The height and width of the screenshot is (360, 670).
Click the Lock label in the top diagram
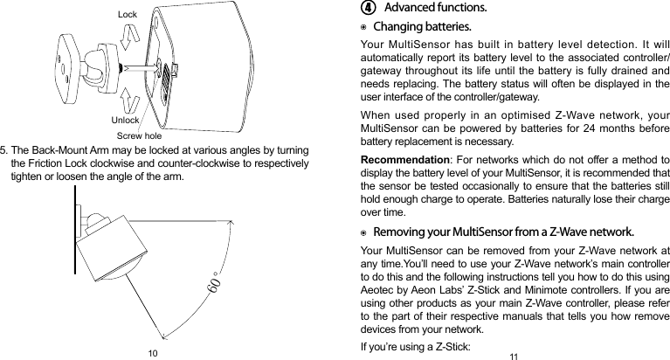pyautogui.click(x=128, y=15)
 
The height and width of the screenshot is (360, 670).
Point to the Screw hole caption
pyautogui.click(x=140, y=135)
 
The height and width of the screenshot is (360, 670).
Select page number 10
pyautogui.click(x=153, y=352)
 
